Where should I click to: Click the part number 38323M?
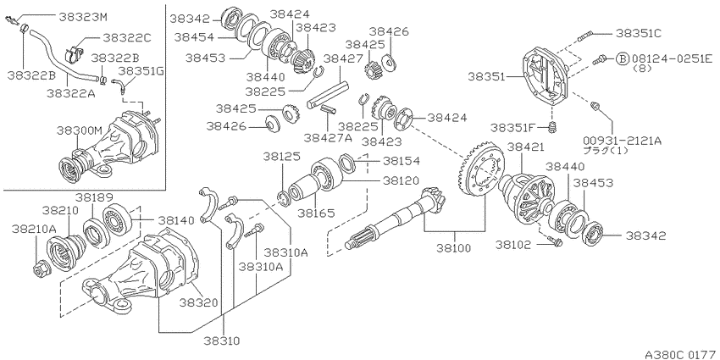coord(83,17)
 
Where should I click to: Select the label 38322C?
coord(126,37)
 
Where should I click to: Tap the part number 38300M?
coord(80,130)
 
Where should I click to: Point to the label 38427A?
coord(328,136)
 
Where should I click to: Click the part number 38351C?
coord(639,33)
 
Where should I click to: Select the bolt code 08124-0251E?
coord(672,58)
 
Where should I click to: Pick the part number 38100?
coord(454,248)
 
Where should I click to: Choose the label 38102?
coord(513,245)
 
